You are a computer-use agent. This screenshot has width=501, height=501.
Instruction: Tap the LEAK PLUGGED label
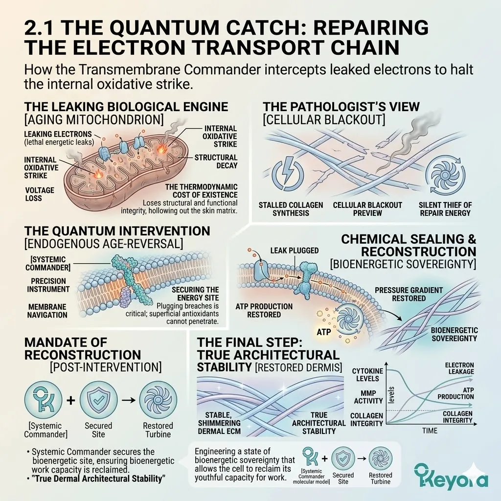tap(294, 250)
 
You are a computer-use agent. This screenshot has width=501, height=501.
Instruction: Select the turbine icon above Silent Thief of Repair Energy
tap(445, 175)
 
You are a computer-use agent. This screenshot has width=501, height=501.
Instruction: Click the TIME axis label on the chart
tap(430, 431)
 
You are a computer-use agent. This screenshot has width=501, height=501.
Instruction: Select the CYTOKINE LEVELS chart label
tap(367, 375)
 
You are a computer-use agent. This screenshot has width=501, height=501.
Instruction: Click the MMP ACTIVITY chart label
tap(368, 397)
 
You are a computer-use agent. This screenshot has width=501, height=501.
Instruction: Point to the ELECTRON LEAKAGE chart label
tap(459, 368)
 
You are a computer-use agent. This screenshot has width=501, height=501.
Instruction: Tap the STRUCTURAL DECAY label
tap(216, 161)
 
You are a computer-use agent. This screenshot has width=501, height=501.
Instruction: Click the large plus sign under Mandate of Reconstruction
tap(70, 400)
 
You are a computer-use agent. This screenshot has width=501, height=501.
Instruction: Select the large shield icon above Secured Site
tap(98, 400)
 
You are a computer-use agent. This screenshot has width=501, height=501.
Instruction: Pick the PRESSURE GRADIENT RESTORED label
tap(409, 294)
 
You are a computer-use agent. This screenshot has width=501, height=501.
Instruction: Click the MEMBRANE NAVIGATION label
tap(47, 311)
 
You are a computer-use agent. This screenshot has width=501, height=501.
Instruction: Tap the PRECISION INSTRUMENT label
tap(48, 285)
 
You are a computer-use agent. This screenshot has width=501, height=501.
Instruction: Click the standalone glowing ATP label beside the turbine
tap(324, 332)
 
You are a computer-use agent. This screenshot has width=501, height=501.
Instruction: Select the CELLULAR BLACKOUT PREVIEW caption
tap(367, 209)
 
